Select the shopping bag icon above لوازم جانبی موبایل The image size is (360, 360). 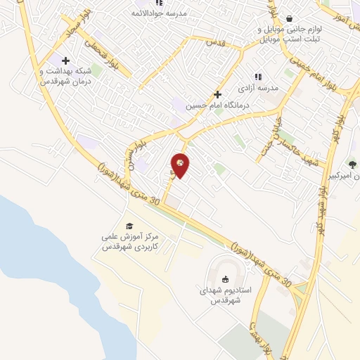pos(289,19)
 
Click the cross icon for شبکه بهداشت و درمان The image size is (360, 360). pos(65,60)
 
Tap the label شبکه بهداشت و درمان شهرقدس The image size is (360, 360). pos(65,76)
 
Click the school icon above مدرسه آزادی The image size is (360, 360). pos(258,77)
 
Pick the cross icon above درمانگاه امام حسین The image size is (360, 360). pos(217,94)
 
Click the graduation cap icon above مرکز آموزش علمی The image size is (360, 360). pos(129,226)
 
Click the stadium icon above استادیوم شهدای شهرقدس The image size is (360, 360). pos(224,279)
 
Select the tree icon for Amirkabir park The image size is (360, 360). pos(352,164)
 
